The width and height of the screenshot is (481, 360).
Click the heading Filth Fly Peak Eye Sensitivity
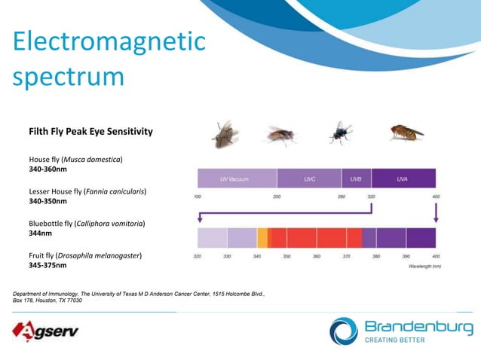pos(90,132)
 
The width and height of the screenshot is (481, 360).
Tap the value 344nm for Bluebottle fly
pos(41,233)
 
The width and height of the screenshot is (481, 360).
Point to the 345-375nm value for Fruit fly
pos(47,265)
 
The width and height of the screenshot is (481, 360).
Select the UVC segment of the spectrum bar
pos(309,178)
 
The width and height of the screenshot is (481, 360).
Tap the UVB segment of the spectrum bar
pos(356,178)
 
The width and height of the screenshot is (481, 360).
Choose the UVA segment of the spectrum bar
pos(403,178)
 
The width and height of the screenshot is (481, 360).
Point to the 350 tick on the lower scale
pos(286,257)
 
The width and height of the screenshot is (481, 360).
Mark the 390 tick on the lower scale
pos(407,257)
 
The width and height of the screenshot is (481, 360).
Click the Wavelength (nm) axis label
pos(424,266)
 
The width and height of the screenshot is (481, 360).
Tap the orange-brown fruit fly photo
pos(407,133)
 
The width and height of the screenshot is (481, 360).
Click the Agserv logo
pos(45,330)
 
